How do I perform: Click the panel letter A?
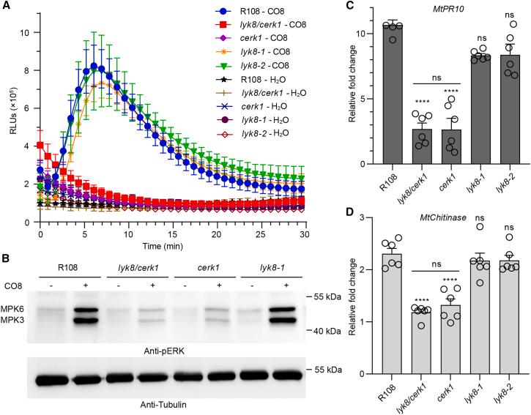pyautogui.click(x=5, y=6)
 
